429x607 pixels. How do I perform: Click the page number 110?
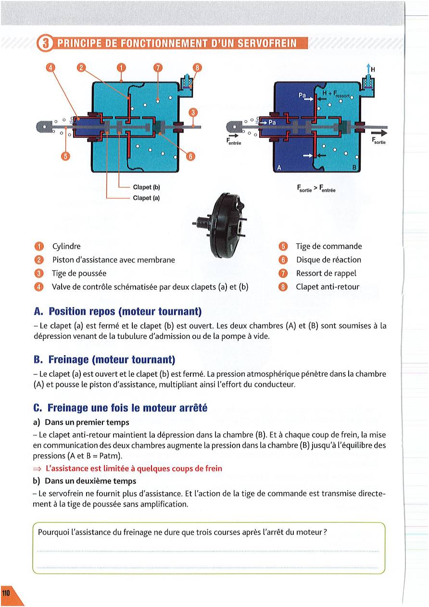pyautogui.click(x=6, y=594)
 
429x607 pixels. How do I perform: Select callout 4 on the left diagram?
pyautogui.click(x=50, y=67)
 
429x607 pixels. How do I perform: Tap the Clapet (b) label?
pyautogui.click(x=146, y=187)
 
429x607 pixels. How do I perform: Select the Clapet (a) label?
pyautogui.click(x=146, y=197)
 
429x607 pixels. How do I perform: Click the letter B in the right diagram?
pyautogui.click(x=354, y=168)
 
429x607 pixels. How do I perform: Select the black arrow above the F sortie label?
pyautogui.click(x=379, y=133)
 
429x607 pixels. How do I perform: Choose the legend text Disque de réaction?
pyautogui.click(x=328, y=260)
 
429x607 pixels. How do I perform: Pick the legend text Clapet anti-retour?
pyautogui.click(x=328, y=287)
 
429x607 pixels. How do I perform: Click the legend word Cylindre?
pyautogui.click(x=66, y=247)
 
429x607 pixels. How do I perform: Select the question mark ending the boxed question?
pyautogui.click(x=326, y=533)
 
